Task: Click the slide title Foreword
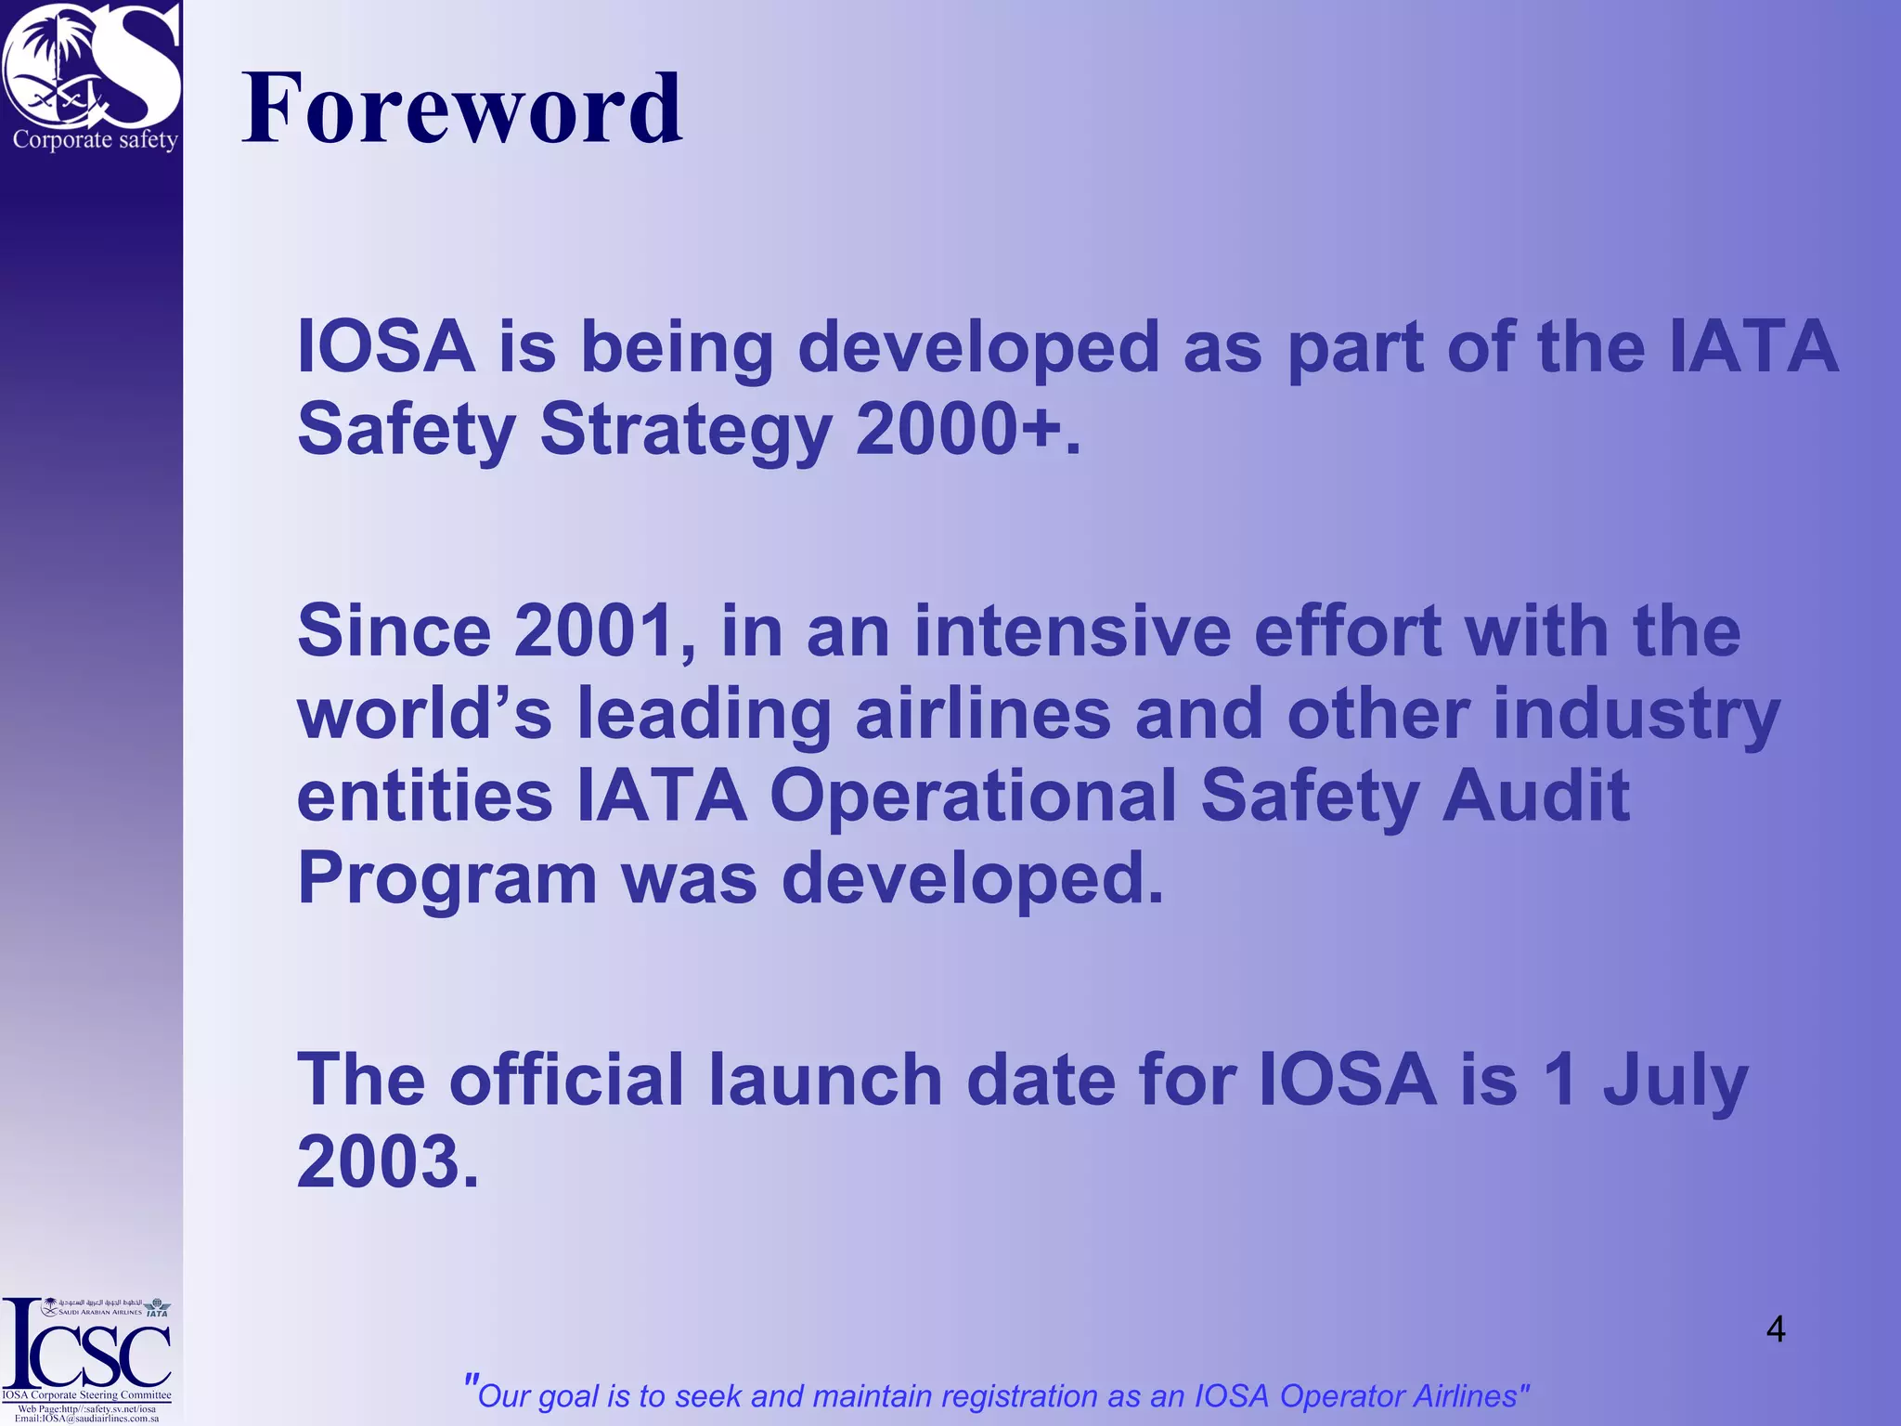tap(461, 109)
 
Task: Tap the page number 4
tap(1775, 1329)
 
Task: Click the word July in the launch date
tap(1675, 1082)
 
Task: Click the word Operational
tap(973, 796)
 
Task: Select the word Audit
tap(1535, 796)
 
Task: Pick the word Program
tap(446, 880)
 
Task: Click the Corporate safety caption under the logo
tap(95, 140)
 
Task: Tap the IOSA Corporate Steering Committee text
tap(87, 1395)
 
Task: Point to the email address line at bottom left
tap(87, 1419)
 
